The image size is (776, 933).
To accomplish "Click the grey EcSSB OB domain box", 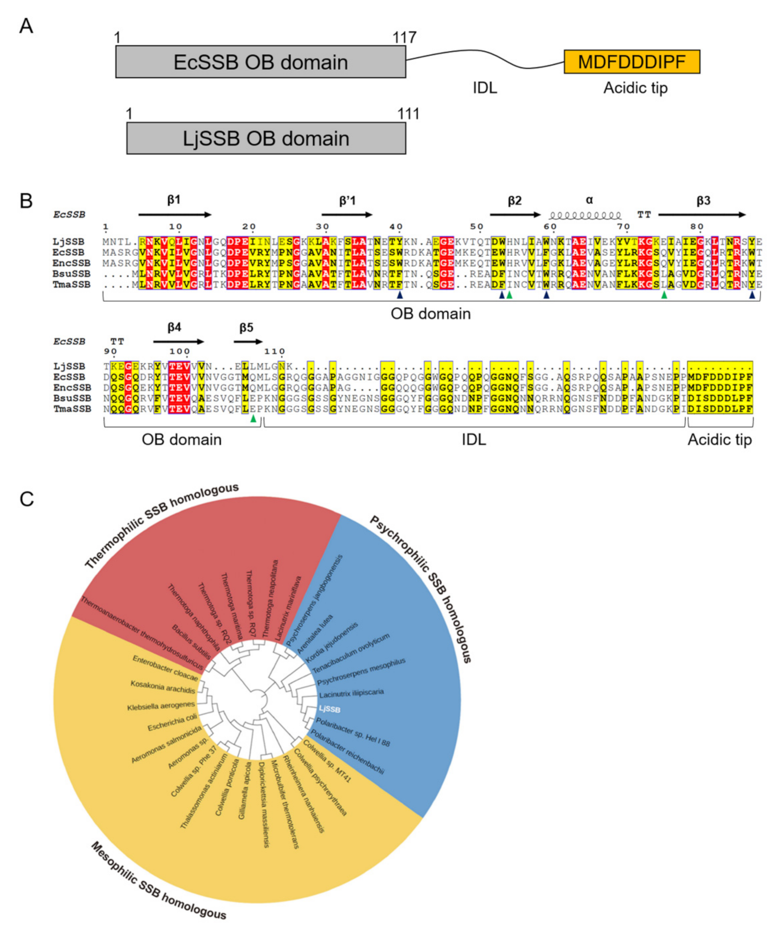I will (261, 62).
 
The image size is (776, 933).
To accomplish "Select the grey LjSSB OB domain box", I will (266, 139).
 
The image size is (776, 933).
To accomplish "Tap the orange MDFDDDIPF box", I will (632, 62).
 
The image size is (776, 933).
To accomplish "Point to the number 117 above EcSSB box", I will (404, 37).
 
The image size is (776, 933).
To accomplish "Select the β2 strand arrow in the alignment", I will (515, 215).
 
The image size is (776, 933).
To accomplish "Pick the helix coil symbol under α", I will (585, 216).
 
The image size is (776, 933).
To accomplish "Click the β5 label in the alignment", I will (246, 328).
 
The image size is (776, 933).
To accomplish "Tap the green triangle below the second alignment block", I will (253, 418).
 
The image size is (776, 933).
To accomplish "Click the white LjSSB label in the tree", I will (330, 709).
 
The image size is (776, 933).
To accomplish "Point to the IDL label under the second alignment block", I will (474, 439).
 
